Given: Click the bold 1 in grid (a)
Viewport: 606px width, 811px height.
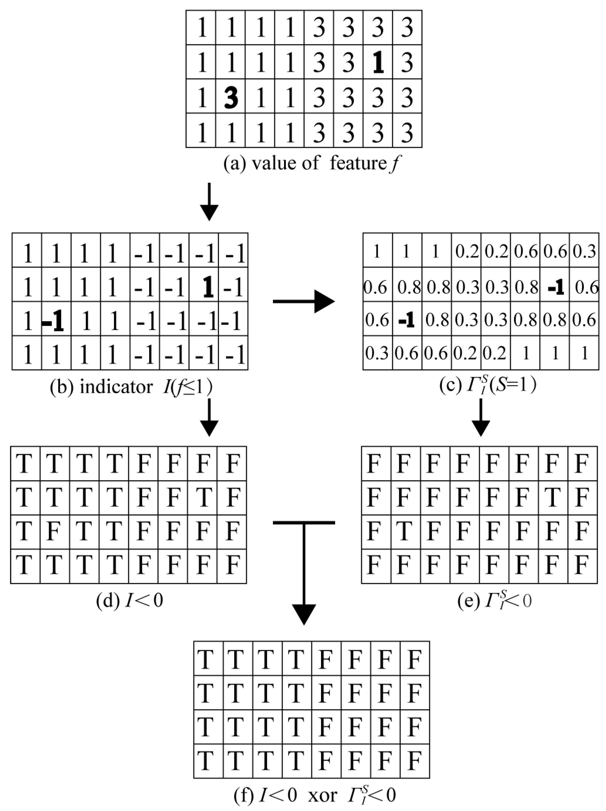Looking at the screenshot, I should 378,63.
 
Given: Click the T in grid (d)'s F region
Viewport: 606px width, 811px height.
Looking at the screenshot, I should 203,497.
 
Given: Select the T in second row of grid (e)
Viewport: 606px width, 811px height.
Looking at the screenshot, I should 552,497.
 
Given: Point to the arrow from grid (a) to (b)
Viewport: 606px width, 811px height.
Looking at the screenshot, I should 209,202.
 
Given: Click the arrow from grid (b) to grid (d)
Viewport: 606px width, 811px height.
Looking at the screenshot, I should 209,417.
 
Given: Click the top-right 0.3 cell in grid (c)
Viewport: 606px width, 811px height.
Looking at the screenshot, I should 584,251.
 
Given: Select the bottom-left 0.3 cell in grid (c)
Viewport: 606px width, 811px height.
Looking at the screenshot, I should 377,353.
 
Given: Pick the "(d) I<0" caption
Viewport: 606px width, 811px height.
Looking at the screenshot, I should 129,601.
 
